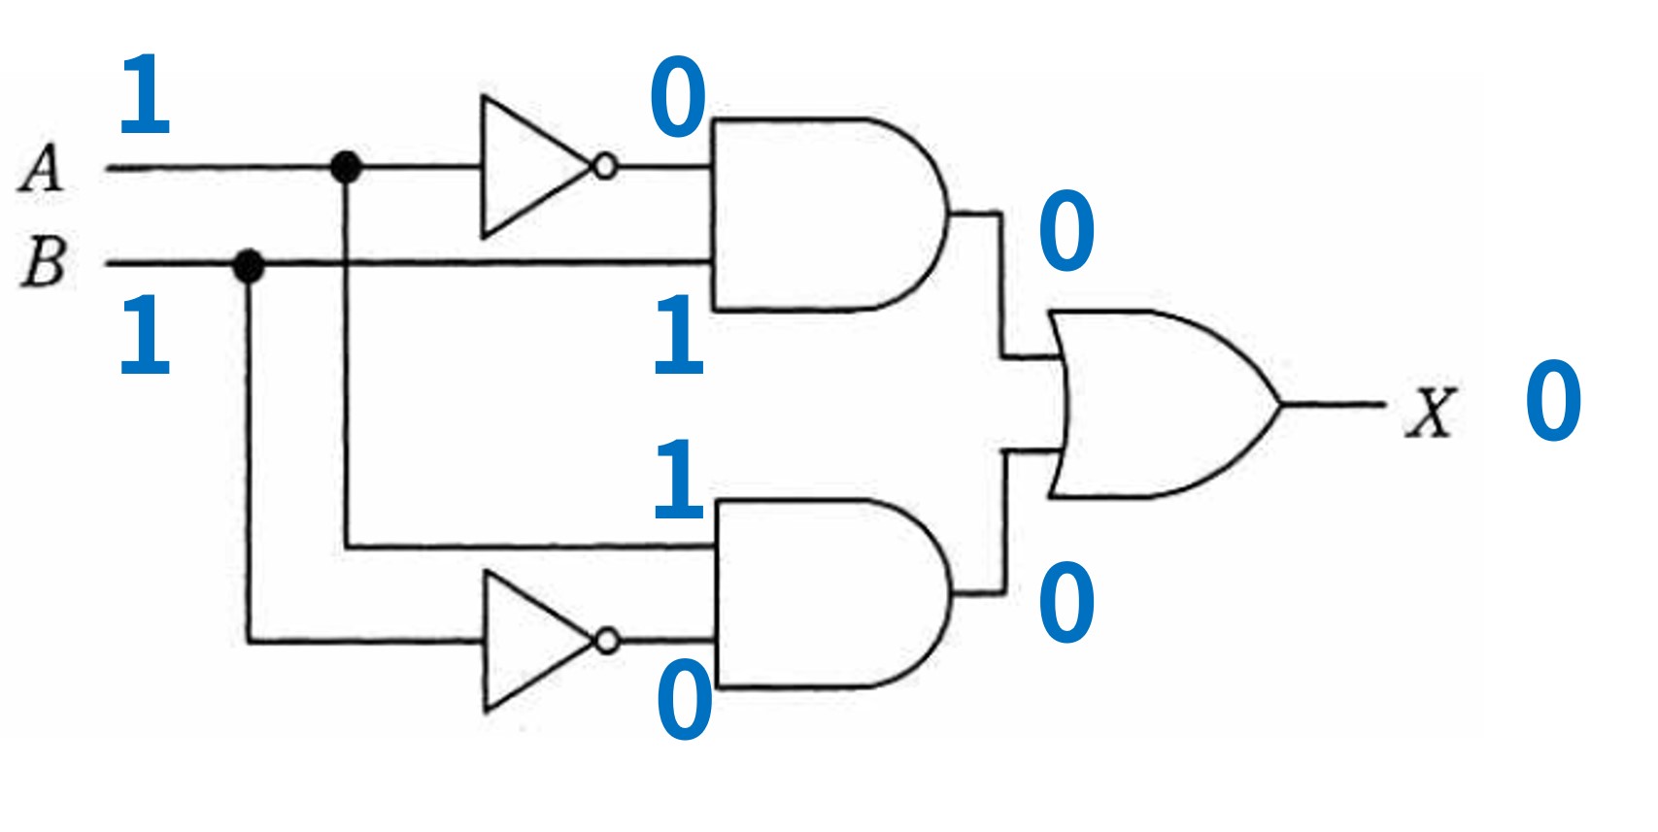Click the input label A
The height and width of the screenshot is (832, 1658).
[42, 168]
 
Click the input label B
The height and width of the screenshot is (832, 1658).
[45, 261]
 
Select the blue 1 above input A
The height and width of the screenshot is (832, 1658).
[145, 94]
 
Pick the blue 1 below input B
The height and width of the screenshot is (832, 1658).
[145, 335]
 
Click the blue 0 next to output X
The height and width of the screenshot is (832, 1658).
[1554, 400]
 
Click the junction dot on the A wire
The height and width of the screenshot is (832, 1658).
[346, 167]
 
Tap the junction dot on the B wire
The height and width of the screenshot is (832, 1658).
[249, 265]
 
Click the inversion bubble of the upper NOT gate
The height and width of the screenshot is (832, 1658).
[605, 167]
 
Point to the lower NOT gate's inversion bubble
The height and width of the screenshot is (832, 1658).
[608, 641]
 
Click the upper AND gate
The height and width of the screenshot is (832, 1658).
[829, 215]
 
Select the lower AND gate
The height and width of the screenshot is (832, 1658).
[832, 594]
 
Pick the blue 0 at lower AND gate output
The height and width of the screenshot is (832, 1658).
[1066, 601]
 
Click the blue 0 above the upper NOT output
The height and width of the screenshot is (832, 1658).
[678, 97]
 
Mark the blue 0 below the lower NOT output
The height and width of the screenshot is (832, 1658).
[685, 700]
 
